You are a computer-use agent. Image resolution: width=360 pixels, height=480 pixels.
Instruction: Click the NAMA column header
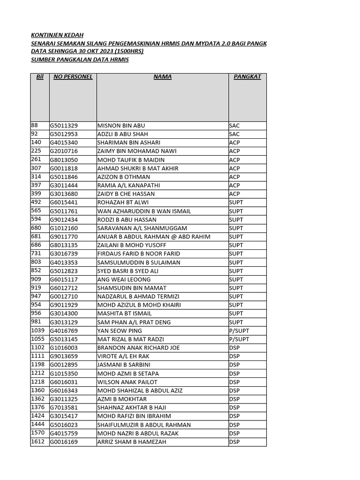pyautogui.click(x=162, y=76)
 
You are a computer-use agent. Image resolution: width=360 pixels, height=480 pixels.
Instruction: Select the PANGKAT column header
pyautogui.click(x=247, y=76)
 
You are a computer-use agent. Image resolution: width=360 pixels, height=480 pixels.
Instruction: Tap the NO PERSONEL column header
pyautogui.click(x=73, y=76)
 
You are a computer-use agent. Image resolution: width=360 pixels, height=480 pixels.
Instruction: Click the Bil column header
pyautogui.click(x=40, y=76)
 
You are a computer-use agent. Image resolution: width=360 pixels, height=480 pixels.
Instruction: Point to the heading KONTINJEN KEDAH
pyautogui.click(x=57, y=35)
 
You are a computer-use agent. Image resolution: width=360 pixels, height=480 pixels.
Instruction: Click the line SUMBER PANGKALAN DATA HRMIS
pyautogui.click(x=80, y=60)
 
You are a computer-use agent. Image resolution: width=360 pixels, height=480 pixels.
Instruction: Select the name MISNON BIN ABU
pyautogui.click(x=121, y=126)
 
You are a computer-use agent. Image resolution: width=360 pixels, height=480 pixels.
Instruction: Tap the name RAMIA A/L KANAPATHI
pyautogui.click(x=126, y=185)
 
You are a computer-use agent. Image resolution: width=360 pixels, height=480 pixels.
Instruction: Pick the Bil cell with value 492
pyautogui.click(x=36, y=202)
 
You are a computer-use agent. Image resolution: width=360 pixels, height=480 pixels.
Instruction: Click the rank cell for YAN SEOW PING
pyautogui.click(x=239, y=330)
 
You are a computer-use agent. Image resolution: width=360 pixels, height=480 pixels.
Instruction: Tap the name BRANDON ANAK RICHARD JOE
pyautogui.click(x=138, y=348)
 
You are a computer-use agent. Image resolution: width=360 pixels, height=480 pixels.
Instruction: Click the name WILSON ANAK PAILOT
pyautogui.click(x=127, y=382)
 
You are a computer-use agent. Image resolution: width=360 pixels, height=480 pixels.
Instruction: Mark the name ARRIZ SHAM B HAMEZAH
pyautogui.click(x=131, y=442)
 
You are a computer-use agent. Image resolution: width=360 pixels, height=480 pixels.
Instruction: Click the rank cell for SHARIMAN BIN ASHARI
pyautogui.click(x=234, y=142)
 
